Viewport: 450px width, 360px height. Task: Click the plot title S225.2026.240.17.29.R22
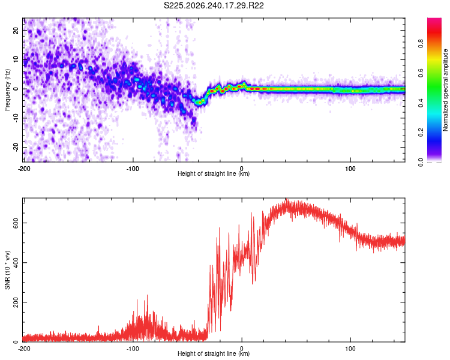214,6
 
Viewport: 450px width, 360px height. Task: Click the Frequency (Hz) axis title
7,90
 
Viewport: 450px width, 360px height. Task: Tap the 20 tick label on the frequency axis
16,30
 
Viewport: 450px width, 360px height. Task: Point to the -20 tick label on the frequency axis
16,148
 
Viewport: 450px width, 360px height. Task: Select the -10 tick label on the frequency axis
16,118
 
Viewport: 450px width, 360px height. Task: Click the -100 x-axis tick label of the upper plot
133,169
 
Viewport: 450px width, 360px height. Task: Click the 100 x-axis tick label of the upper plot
350,169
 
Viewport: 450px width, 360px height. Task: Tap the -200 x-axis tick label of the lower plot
24,349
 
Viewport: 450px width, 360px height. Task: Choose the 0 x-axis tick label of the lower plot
242,349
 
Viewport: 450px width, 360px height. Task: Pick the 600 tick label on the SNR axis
16,223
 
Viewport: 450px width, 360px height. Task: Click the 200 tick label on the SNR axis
16,302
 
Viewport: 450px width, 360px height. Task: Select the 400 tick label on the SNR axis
16,262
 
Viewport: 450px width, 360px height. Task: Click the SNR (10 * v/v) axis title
7,270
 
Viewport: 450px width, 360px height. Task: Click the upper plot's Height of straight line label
214,173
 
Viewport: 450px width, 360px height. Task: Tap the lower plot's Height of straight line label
214,353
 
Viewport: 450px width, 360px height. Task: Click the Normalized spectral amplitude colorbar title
445,90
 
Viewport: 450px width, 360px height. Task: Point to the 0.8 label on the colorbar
421,44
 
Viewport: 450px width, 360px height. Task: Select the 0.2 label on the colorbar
421,133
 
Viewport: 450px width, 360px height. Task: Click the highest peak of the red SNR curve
286,199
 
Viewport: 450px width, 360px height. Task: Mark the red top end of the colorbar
434,19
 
